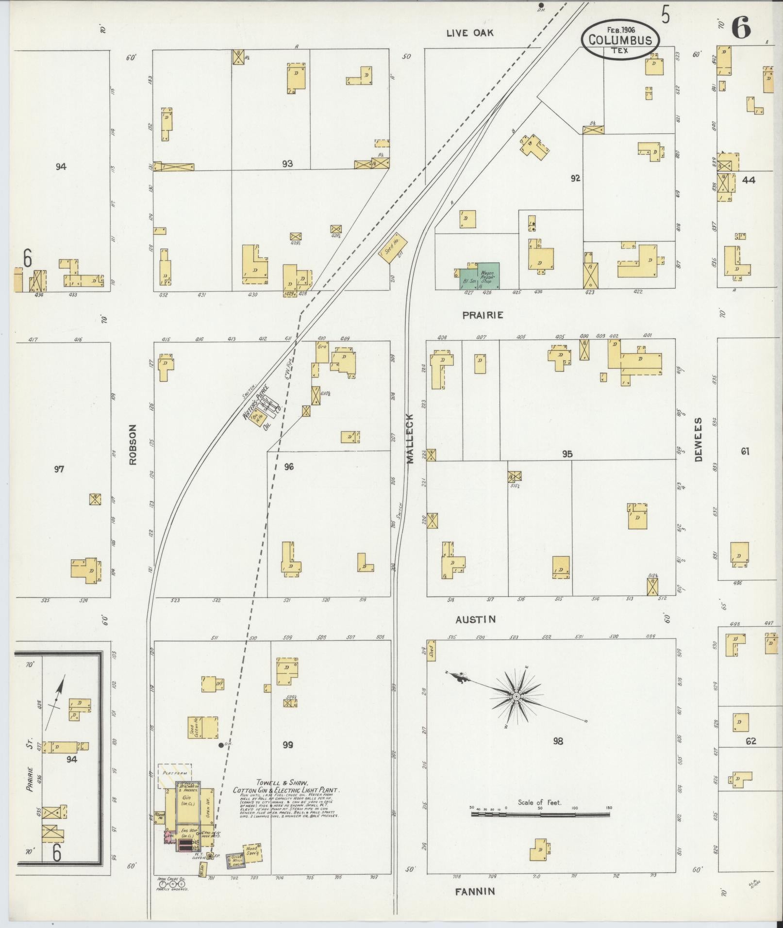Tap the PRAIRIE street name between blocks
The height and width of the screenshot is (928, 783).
482,315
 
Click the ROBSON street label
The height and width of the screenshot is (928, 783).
133,445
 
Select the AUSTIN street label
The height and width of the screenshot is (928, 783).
475,619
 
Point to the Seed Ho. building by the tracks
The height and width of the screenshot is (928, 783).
393,250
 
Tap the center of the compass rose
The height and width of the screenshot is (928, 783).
516,697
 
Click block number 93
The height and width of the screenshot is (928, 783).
287,164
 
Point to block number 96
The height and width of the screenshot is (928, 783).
289,467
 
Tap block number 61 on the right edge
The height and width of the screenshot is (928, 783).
745,452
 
